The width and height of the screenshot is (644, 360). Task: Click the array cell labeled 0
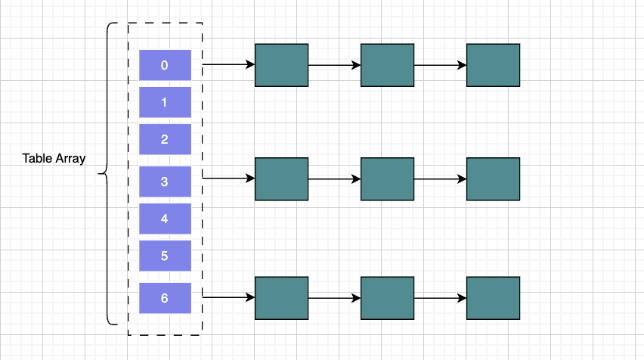165,65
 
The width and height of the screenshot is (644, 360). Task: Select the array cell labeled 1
165,102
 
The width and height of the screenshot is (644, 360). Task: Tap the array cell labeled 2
165,139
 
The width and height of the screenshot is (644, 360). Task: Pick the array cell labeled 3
165,182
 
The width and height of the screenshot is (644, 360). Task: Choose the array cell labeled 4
165,219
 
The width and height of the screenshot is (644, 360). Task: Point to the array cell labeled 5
165,256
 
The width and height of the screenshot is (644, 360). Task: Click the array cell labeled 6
165,298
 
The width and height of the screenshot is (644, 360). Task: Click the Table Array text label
54,159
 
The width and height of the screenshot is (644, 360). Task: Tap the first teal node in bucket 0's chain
282,65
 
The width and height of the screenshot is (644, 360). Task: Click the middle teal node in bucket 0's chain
388,65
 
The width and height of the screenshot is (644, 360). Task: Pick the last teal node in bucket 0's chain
494,65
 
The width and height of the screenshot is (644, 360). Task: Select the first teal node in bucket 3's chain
282,179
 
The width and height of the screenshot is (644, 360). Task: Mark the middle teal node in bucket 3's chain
388,179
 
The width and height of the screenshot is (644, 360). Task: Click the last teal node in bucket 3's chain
494,179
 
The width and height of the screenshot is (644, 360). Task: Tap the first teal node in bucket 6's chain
282,298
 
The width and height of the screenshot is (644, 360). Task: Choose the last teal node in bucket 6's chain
494,298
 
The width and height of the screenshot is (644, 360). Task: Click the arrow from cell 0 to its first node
228,65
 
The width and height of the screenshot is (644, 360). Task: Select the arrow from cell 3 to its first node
228,179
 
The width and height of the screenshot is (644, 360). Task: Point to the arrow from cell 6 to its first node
228,298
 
